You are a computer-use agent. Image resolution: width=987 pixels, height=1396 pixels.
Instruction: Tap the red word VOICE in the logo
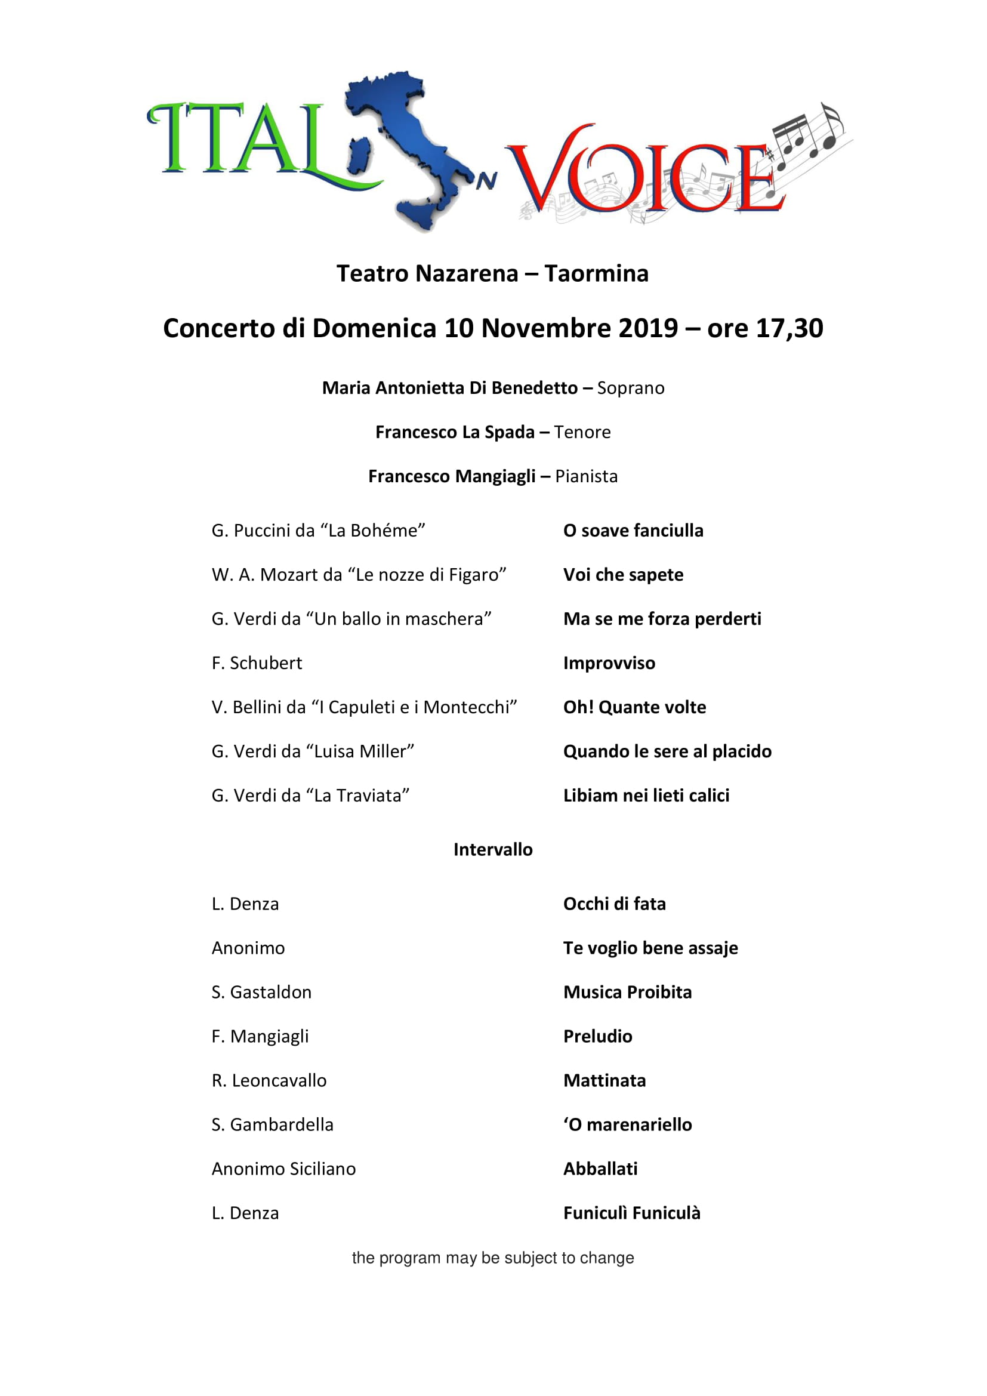pos(644,176)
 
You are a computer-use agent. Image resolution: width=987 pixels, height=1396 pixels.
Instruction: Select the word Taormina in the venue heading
pos(596,273)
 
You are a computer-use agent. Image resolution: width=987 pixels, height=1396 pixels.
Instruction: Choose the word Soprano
pos(631,388)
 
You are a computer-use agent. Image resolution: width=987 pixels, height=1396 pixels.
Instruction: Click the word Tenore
pos(582,432)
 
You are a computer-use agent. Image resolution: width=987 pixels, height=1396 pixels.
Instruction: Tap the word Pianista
pos(587,476)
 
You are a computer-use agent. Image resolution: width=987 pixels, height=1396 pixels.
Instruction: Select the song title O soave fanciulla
pos(633,531)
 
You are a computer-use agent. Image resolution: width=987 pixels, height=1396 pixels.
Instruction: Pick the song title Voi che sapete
pos(623,575)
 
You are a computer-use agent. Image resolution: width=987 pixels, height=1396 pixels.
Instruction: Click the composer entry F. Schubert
pos(257,662)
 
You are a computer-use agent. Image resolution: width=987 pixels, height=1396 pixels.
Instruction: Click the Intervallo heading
pos(493,849)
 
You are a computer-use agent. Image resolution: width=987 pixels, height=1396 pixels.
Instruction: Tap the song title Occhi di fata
pos(615,904)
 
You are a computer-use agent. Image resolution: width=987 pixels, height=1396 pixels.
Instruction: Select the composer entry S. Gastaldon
pos(261,993)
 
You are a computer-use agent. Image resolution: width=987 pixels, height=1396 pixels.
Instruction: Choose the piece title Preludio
pos(597,1036)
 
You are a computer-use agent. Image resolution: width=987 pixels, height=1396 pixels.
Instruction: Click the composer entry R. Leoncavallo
pos(269,1080)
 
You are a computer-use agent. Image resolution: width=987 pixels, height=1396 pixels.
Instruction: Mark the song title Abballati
pos(600,1169)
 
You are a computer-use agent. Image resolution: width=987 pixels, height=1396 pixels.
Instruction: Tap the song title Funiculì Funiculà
pos(631,1213)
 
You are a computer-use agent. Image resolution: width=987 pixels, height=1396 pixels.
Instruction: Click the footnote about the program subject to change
pos(493,1258)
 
